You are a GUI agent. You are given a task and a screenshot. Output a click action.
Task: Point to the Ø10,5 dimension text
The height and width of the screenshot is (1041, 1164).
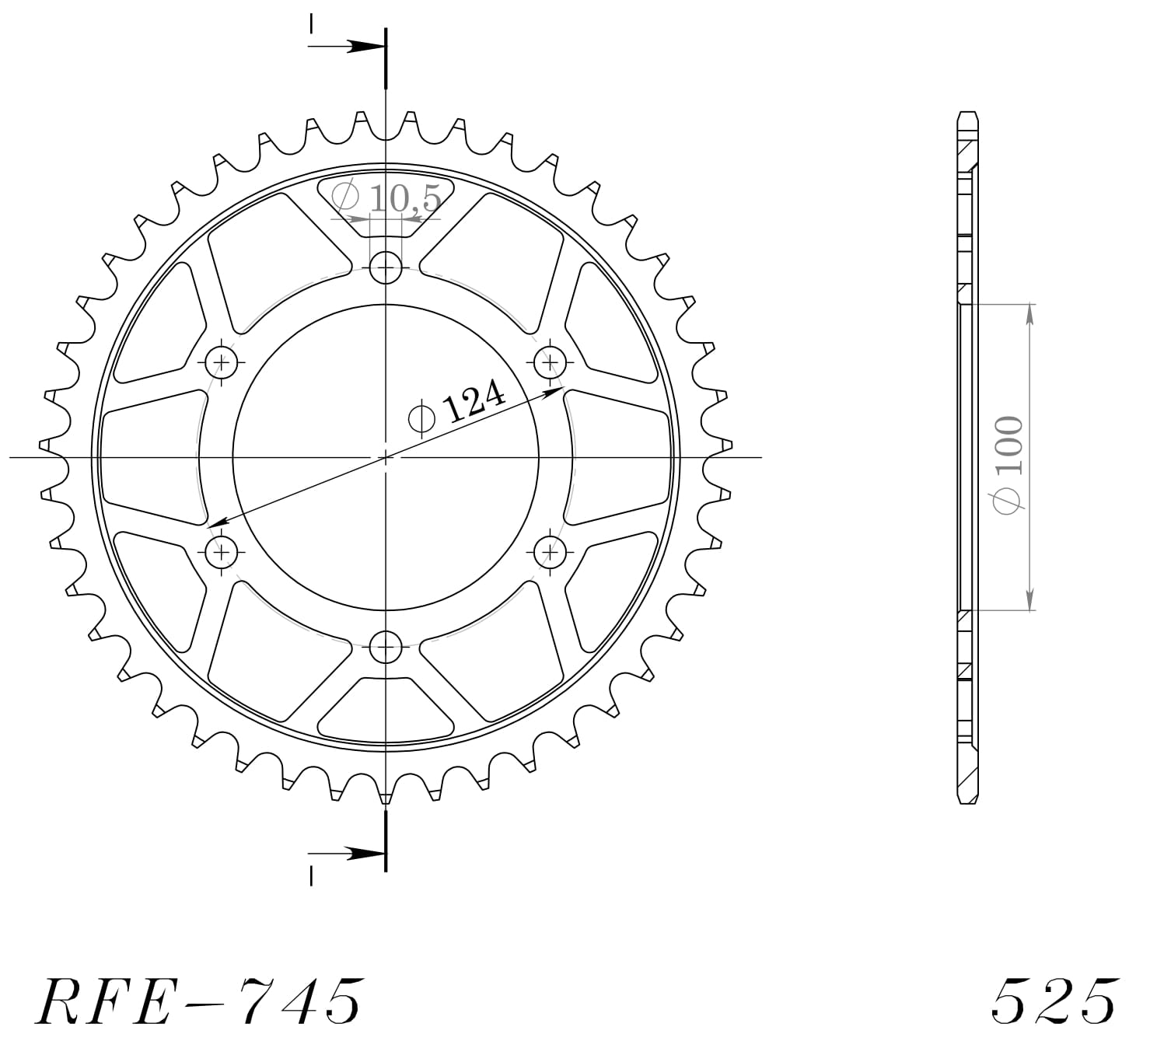point(387,198)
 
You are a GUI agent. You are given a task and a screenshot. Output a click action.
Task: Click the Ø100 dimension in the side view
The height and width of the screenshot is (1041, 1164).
point(1009,464)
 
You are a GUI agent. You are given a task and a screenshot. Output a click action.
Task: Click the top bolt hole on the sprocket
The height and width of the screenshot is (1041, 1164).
point(386,269)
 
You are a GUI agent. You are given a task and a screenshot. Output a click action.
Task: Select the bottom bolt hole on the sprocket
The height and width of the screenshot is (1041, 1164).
point(386,646)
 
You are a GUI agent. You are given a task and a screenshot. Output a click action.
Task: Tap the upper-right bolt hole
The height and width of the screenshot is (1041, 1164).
point(551,362)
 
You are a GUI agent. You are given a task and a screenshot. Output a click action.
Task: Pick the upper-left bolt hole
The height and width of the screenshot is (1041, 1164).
point(223,362)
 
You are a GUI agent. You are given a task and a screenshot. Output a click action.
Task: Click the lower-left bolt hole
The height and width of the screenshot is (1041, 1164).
point(222,552)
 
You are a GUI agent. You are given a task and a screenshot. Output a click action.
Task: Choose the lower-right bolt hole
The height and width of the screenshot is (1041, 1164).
point(551,552)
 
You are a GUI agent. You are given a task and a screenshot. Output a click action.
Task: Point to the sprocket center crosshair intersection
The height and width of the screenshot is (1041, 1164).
point(386,457)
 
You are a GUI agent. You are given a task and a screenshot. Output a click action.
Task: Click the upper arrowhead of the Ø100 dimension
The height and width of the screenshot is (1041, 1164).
point(1030,313)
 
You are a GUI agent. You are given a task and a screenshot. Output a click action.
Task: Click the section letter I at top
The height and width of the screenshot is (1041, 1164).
point(311,23)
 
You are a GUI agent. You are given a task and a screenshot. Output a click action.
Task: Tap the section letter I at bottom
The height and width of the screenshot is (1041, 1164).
point(311,875)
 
